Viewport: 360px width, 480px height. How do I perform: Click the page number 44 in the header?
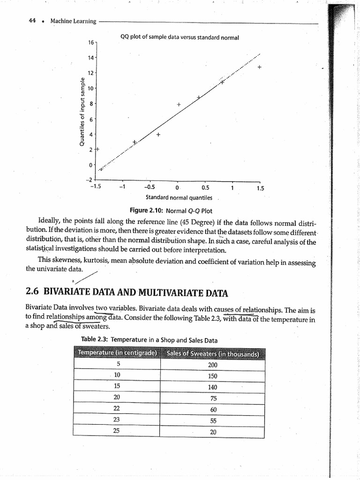coord(32,21)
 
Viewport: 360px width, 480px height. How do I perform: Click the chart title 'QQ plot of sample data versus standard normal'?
coord(180,37)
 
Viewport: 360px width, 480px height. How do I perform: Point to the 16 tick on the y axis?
coord(90,42)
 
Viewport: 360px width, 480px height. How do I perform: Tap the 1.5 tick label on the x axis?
coord(261,187)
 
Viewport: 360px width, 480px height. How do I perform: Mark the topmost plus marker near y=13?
coord(259,67)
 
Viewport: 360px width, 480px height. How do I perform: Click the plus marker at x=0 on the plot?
coord(179,104)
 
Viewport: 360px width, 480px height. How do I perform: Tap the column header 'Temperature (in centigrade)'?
coord(117,353)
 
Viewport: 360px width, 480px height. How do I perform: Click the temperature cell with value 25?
coord(117,431)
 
